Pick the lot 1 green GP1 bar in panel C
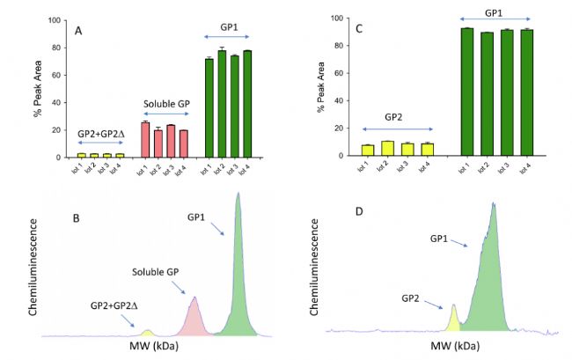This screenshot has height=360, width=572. click(466, 92)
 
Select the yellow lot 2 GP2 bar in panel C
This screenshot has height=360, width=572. click(388, 148)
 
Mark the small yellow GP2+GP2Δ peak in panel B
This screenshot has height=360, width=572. click(148, 333)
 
